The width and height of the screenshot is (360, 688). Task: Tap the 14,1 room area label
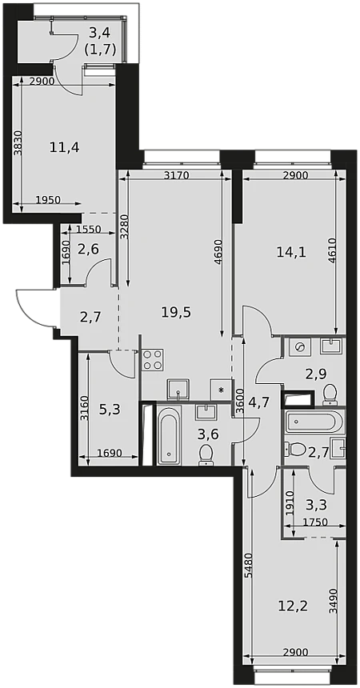coord(291,251)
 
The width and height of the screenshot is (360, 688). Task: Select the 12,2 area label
coord(294,606)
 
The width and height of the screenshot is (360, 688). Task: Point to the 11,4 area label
coord(64,147)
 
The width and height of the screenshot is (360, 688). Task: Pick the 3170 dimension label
coord(176,176)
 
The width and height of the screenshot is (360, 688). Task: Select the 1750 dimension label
coord(316,522)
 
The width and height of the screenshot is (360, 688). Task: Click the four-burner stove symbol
coord(153,360)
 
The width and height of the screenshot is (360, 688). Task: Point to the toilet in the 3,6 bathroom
coord(206,454)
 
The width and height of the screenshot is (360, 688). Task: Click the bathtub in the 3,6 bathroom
coord(169,435)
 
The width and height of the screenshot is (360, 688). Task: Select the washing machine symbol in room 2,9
coord(300,347)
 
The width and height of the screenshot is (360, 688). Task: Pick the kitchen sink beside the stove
coord(178,390)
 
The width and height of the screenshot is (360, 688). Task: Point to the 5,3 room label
coord(110,410)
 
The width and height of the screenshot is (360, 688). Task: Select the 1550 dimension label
coord(89,229)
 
